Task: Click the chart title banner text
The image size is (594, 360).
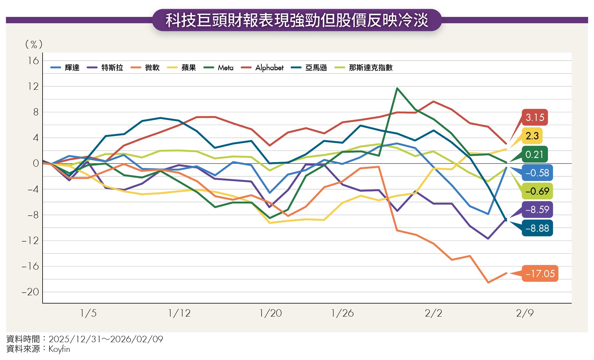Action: click(x=297, y=20)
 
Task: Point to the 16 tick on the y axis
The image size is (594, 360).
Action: click(x=33, y=61)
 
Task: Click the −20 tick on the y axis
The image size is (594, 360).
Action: click(x=30, y=292)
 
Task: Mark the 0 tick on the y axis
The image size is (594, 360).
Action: click(x=36, y=163)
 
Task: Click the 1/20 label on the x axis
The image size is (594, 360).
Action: click(x=270, y=313)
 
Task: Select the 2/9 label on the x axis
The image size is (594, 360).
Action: click(x=525, y=313)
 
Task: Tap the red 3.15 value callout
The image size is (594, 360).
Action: click(x=535, y=117)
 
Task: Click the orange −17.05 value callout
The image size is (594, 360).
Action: click(x=540, y=273)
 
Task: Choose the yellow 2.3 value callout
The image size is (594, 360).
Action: click(x=532, y=136)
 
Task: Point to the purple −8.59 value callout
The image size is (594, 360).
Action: click(x=537, y=210)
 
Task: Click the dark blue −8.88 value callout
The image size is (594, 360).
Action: click(x=537, y=228)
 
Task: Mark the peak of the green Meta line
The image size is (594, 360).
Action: click(x=397, y=88)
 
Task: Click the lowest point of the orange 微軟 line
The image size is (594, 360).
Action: click(x=488, y=282)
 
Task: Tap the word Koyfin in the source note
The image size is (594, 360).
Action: click(x=59, y=349)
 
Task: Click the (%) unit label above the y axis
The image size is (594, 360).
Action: click(x=34, y=44)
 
